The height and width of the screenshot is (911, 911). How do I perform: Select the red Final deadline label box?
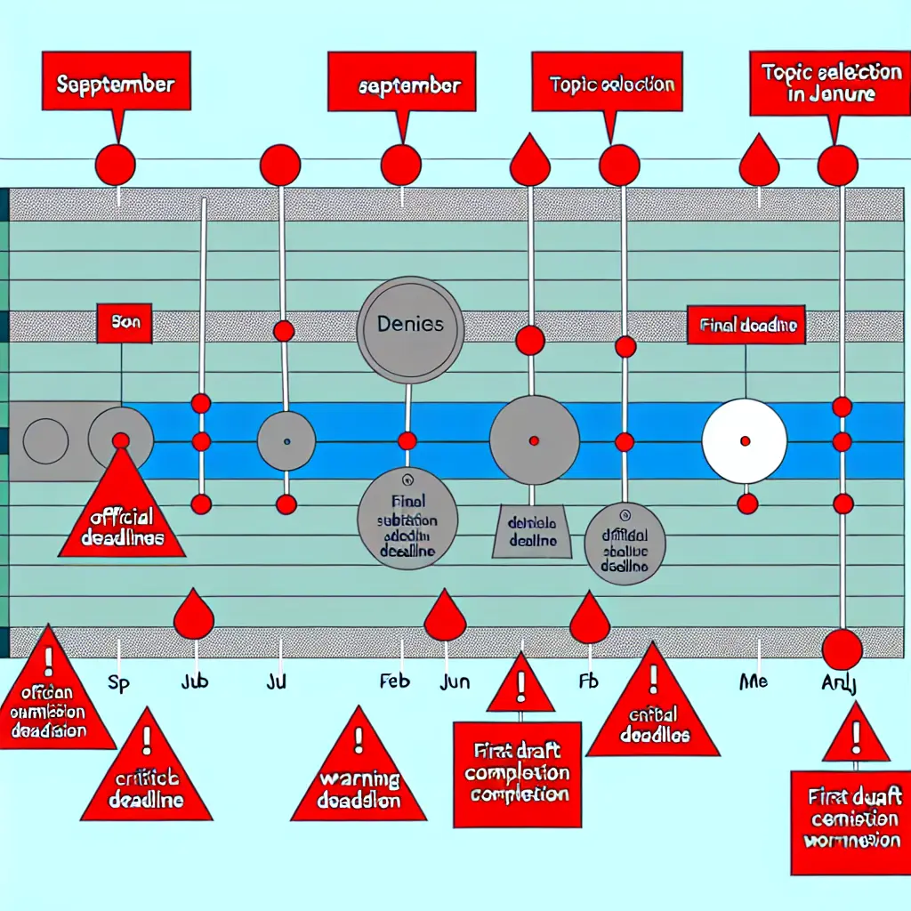(x=746, y=326)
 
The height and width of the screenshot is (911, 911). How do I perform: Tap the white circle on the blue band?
(x=745, y=441)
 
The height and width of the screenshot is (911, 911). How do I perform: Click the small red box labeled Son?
(x=125, y=325)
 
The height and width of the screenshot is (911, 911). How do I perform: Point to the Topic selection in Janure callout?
(x=819, y=83)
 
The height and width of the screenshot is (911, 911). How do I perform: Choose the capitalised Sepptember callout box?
(x=116, y=86)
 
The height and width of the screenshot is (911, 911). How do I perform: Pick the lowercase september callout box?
(x=408, y=86)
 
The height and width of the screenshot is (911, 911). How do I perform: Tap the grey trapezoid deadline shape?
(x=532, y=533)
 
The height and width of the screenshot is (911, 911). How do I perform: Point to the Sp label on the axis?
(x=118, y=683)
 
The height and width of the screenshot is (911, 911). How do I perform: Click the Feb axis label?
(x=394, y=683)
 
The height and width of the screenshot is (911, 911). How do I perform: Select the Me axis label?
(x=753, y=681)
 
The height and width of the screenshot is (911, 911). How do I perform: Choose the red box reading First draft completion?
(x=517, y=773)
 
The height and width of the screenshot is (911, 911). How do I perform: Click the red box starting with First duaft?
(x=851, y=821)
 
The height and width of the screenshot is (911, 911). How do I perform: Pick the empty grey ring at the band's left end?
(x=45, y=441)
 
